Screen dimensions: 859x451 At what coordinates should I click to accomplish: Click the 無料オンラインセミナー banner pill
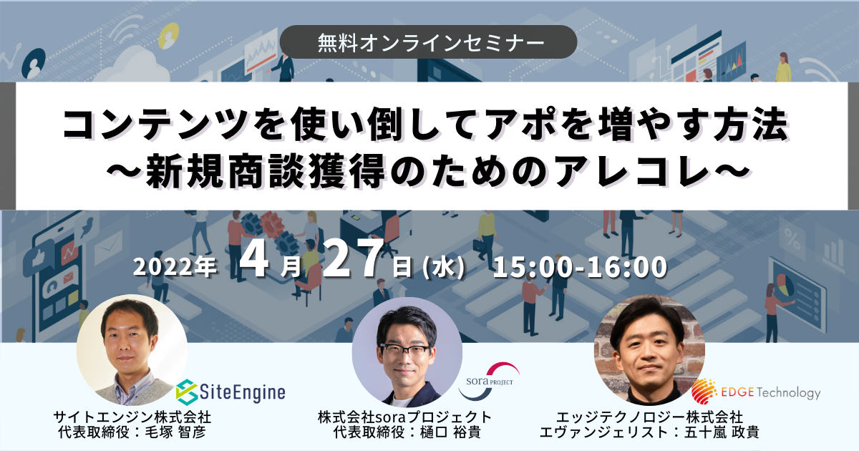pos(428,42)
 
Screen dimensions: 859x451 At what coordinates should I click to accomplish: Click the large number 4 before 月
pos(254,260)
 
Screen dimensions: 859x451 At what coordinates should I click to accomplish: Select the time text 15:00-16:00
pos(581,267)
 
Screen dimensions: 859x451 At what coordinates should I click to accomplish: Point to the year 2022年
pos(175,267)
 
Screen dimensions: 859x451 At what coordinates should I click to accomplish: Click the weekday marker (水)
pos(444,267)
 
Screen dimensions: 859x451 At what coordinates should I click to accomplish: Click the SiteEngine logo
pos(230,392)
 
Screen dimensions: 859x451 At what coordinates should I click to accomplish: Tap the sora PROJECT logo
pos(490,381)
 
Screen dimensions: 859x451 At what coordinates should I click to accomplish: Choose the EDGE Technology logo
pos(756,392)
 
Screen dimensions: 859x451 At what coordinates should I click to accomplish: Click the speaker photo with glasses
pos(407,352)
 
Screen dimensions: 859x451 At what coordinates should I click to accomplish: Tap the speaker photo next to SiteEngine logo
pos(132,350)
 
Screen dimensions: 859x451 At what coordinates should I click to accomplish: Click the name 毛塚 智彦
pos(175,433)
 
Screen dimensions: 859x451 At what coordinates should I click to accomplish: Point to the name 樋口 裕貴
pos(450,433)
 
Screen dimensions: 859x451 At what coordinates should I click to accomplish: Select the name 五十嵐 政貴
pos(722,433)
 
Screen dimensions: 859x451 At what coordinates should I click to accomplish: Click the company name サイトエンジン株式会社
pos(132,417)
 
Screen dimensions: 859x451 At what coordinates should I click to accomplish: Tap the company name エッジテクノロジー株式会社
pos(650,417)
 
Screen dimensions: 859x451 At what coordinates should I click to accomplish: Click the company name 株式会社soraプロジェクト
pos(405,417)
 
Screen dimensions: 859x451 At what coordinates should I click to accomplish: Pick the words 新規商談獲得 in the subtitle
pos(266,170)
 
